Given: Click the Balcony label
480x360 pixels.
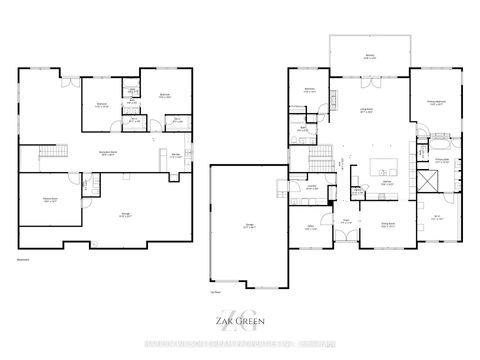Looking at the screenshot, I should (x=370, y=56).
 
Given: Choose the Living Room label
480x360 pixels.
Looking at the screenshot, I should (x=368, y=110).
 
